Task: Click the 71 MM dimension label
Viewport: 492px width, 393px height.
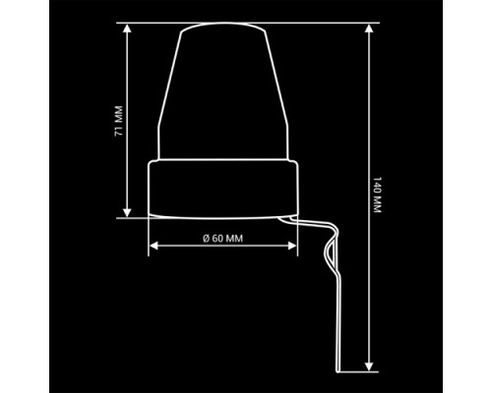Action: [119, 121]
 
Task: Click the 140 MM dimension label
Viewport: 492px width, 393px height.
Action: [378, 195]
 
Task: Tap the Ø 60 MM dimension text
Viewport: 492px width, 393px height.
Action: [223, 239]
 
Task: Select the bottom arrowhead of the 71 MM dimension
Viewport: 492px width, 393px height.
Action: [128, 213]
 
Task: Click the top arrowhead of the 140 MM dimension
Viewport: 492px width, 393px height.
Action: [369, 28]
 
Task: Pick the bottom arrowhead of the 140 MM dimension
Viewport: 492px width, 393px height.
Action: [369, 366]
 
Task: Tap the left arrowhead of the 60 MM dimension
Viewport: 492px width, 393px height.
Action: [154, 246]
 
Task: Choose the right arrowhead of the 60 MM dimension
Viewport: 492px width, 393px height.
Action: [292, 246]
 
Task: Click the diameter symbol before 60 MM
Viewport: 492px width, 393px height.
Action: [206, 239]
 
